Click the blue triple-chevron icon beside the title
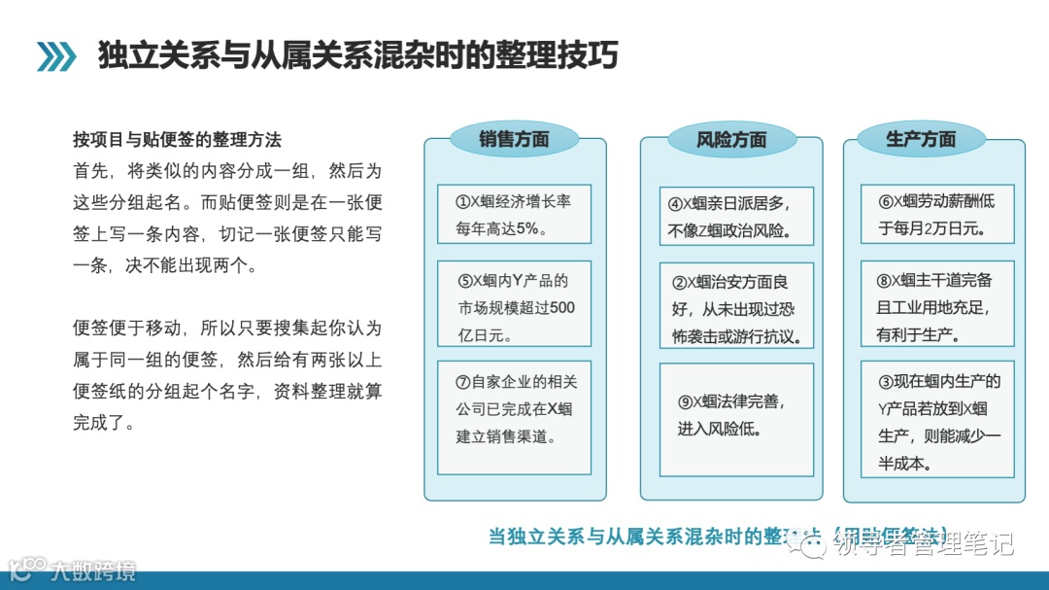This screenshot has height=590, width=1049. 56,56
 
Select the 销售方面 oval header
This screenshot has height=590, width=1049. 514,139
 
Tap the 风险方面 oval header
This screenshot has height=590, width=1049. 731,139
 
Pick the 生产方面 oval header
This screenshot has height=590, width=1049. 921,139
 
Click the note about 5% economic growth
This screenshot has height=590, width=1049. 514,215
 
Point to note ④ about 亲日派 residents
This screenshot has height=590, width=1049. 735,217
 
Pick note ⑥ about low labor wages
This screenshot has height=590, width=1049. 937,214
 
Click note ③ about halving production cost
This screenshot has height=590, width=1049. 937,420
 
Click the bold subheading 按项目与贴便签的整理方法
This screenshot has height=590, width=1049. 177,140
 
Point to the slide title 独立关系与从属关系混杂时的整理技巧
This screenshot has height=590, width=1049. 357,55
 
